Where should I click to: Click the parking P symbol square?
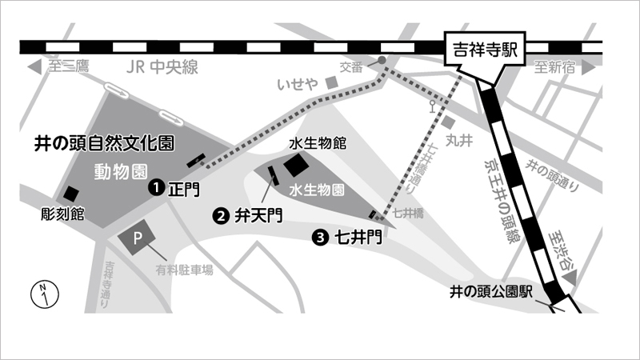coord(136,238)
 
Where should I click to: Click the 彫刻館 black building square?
coord(72,194)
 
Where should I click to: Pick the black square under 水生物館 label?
coord(295,166)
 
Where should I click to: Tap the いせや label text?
coord(298,82)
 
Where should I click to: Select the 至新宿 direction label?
coord(557,67)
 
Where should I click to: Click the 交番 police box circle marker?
coord(382,61)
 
